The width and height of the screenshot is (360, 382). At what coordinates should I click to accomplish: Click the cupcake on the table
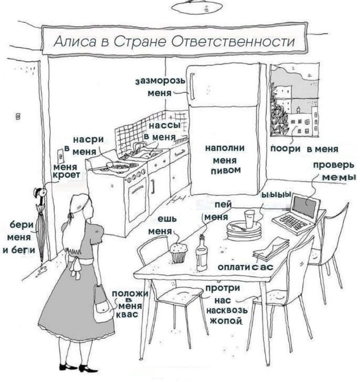178,252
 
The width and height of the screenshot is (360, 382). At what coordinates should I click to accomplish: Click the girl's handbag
103,306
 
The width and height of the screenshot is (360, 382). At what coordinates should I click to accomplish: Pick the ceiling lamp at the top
197,7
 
